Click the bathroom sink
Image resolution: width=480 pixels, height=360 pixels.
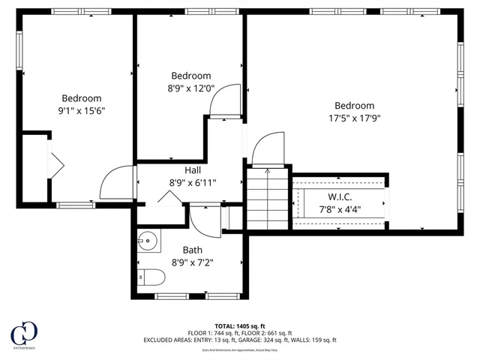(x=148, y=242)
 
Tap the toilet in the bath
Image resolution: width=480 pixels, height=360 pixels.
(x=151, y=278)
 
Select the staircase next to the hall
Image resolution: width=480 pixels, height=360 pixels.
(x=268, y=199)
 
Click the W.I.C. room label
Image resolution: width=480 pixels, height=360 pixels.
(x=340, y=196)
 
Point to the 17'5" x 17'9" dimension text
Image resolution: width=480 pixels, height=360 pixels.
(x=354, y=118)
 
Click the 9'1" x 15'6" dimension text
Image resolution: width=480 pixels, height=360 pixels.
(x=81, y=110)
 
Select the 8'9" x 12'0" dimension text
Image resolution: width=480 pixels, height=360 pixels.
(x=191, y=88)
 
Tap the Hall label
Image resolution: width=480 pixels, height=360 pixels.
(x=192, y=169)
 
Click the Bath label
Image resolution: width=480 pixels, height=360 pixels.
(x=192, y=250)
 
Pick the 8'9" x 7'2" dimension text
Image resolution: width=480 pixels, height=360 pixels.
(x=192, y=262)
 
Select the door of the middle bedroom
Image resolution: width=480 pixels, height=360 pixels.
(x=225, y=103)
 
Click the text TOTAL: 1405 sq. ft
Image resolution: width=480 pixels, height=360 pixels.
(x=240, y=325)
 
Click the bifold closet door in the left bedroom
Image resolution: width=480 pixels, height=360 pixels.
(x=56, y=163)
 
